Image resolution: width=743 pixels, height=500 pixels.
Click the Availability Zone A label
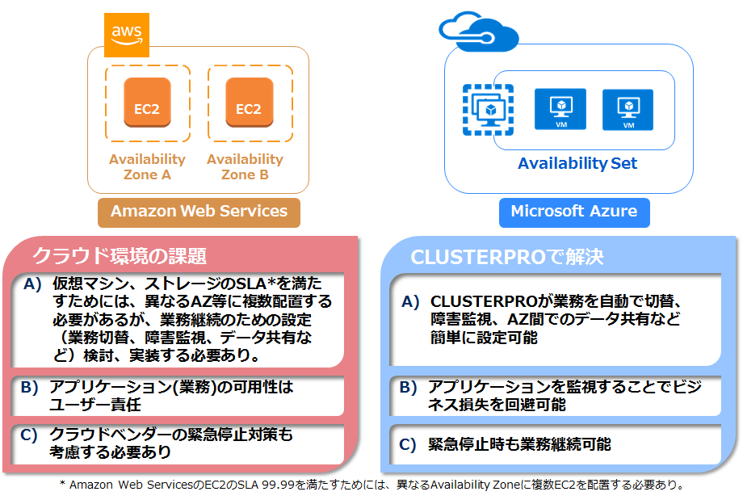coord(147,166)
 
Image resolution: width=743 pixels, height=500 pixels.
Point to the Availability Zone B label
coord(245,166)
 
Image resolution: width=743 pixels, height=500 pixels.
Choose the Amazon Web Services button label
coord(199,212)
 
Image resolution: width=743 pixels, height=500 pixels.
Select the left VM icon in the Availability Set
coord(560,109)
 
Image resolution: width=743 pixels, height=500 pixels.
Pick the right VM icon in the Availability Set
coord(628,109)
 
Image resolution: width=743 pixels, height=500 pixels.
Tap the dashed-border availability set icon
coord(489,109)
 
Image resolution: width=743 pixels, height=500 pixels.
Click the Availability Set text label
coord(577,164)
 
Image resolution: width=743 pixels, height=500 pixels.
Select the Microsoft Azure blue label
coord(574,212)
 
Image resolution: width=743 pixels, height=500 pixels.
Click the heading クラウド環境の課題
coord(120,256)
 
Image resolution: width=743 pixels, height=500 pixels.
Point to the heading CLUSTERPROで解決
coord(506,257)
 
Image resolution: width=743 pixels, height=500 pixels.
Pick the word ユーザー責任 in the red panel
coord(94,405)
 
